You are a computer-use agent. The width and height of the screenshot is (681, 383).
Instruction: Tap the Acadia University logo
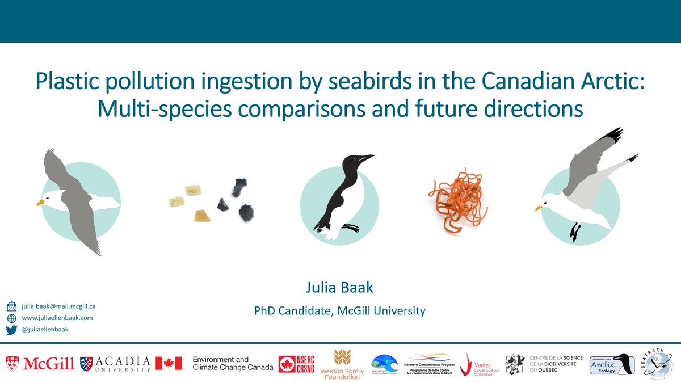click(116, 363)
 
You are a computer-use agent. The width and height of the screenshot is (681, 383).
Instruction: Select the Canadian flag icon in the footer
click(169, 363)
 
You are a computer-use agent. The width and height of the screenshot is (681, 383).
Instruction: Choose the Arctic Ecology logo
click(612, 364)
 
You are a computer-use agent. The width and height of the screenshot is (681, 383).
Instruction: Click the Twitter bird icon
click(11, 329)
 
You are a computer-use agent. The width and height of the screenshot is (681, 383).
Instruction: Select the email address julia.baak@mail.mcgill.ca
click(59, 306)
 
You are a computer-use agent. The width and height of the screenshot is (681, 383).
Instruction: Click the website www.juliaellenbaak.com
click(57, 318)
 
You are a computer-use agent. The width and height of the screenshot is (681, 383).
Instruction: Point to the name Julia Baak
click(339, 288)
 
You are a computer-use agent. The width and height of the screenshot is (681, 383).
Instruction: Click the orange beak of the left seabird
click(41, 201)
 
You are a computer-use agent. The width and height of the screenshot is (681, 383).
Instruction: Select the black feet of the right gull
click(575, 231)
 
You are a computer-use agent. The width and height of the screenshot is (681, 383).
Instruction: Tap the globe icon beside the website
click(11, 318)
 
